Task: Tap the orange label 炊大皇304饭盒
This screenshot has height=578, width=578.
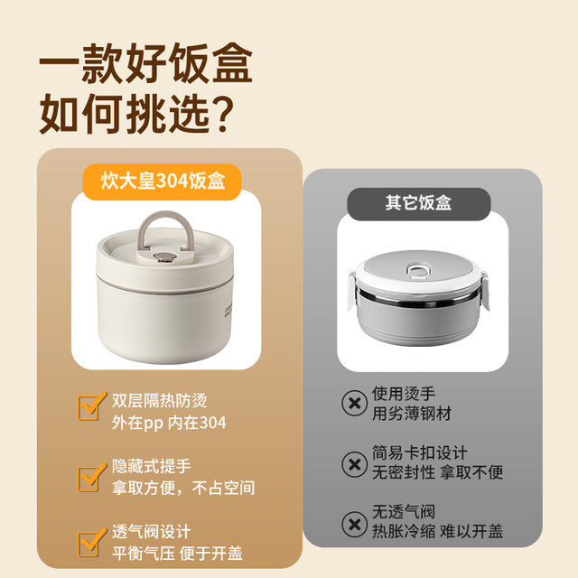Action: tap(161, 182)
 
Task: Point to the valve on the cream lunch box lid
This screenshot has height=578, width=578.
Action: tap(163, 259)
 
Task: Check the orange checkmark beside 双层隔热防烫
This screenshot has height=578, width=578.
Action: tap(90, 409)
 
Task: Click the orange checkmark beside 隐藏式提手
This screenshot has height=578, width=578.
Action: tap(90, 476)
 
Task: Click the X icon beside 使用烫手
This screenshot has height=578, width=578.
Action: tap(351, 403)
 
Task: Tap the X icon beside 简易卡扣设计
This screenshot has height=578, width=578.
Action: tap(351, 464)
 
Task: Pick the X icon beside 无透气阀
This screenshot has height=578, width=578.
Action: tap(351, 524)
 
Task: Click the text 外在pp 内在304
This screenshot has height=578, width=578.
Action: tap(170, 423)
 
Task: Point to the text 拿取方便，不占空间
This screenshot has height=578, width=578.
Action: tap(184, 488)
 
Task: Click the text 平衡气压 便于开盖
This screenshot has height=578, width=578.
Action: tap(177, 553)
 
